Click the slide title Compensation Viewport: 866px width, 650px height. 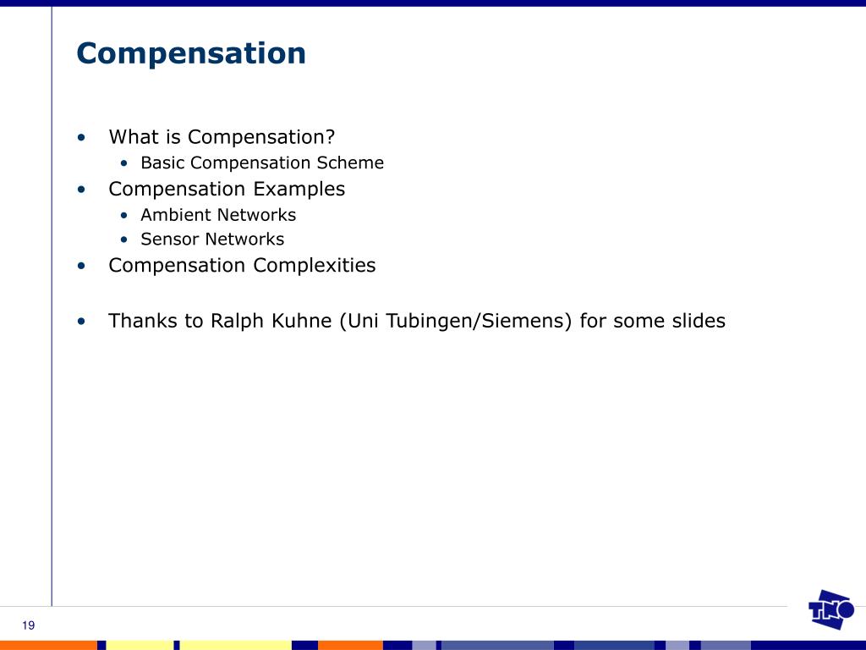[191, 54]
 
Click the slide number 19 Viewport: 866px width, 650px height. [29, 625]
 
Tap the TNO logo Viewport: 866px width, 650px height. [830, 610]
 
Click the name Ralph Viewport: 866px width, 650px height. [237, 322]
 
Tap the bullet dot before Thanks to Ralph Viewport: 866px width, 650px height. [81, 322]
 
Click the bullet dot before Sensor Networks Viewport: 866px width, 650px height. [124, 240]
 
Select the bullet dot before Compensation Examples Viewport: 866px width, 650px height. [81, 190]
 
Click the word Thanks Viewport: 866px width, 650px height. [143, 322]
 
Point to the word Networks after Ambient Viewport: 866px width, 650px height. [256, 215]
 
